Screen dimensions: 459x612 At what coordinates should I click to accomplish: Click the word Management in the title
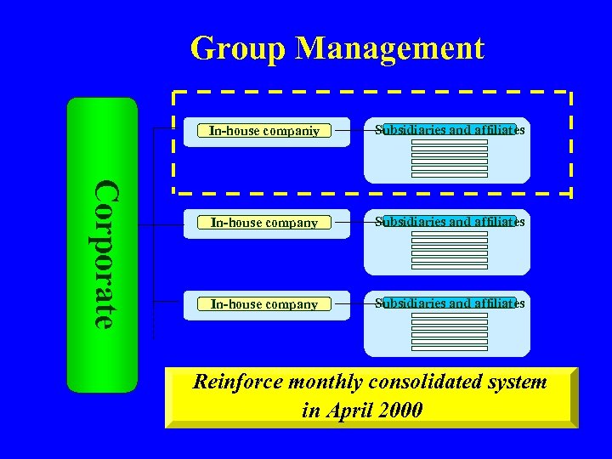(389, 48)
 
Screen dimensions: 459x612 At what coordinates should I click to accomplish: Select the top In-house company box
(264, 131)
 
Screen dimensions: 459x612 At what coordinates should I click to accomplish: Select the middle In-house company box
(264, 223)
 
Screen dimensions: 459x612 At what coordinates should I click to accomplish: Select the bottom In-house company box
(264, 304)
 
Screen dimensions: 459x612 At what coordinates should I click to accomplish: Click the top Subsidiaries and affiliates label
(450, 130)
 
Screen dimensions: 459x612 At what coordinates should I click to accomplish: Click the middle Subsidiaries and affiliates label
(450, 222)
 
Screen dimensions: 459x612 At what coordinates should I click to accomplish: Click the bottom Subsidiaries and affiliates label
(450, 303)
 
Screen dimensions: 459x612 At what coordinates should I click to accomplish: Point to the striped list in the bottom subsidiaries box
(450, 332)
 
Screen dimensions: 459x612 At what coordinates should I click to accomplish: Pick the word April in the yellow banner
(350, 411)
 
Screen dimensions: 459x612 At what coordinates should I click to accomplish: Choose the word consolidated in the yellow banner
(433, 382)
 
